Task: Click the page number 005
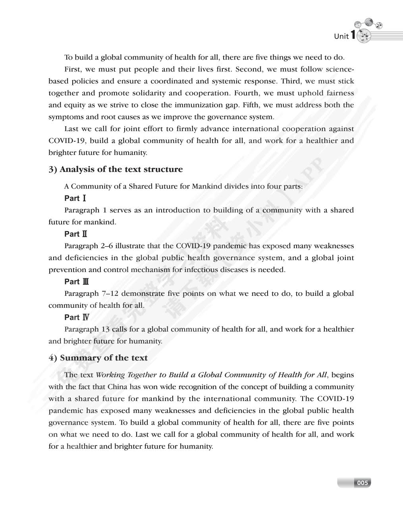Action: coord(362,483)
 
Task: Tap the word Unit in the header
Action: coord(341,37)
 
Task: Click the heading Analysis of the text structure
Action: coord(116,169)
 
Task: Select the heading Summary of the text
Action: coord(98,358)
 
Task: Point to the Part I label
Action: coord(75,198)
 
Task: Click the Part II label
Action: coord(76,234)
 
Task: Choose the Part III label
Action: coord(77,282)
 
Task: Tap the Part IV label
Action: coord(77,317)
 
